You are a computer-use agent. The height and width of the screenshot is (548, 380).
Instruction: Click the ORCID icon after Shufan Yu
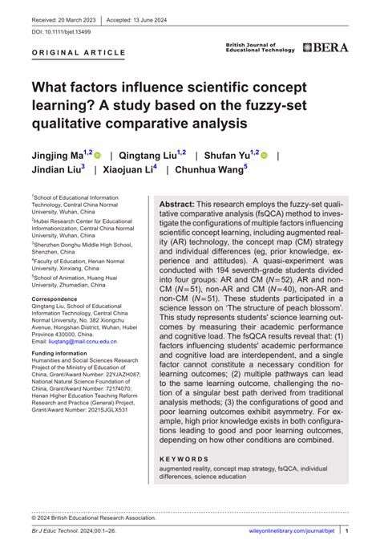point(264,155)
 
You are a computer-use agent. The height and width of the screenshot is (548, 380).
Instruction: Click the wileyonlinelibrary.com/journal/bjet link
point(293,531)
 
